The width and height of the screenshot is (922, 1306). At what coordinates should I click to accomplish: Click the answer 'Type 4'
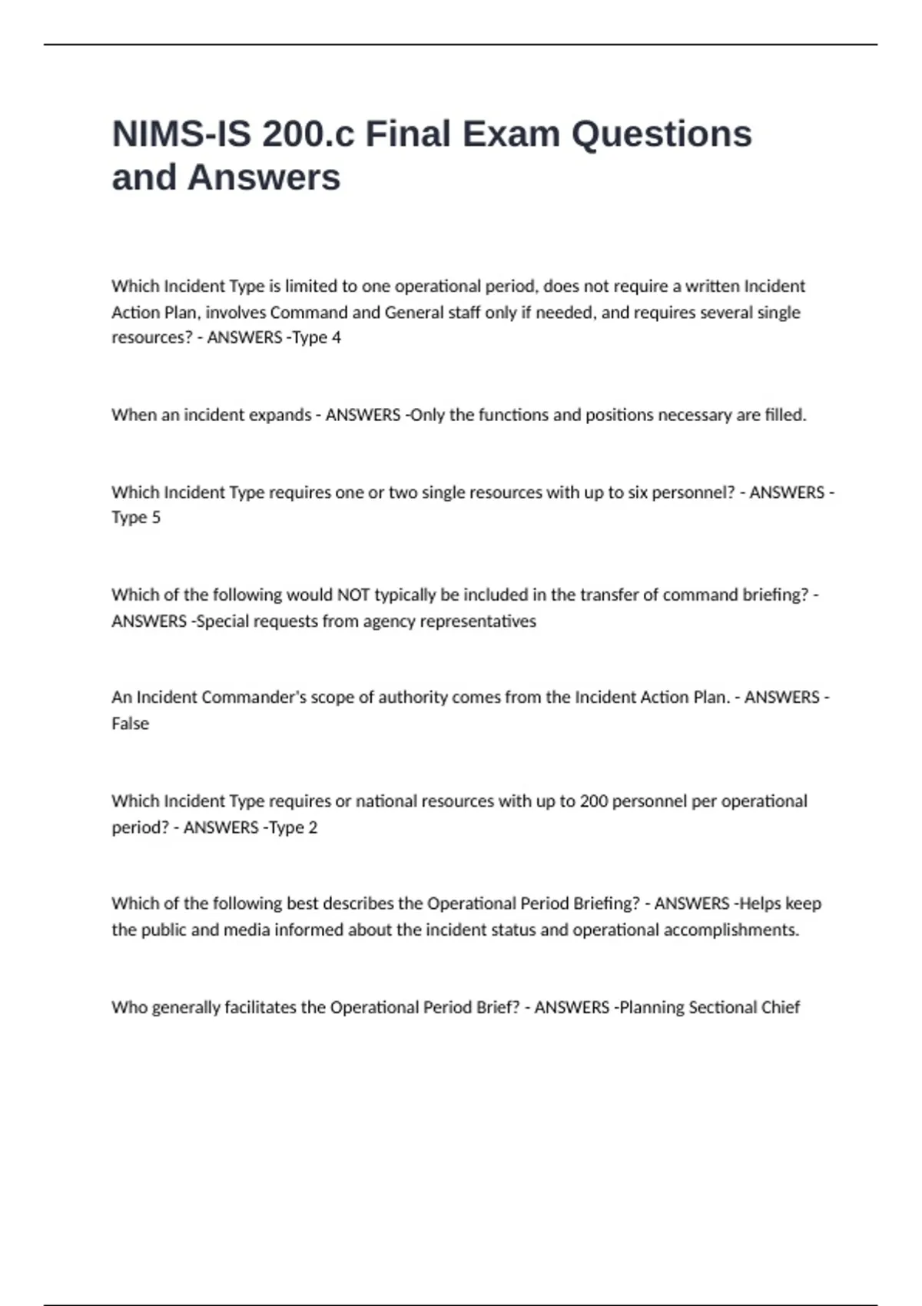point(316,337)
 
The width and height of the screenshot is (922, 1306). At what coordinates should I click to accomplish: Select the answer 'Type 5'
point(136,518)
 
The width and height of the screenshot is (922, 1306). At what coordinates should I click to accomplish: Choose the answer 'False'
point(131,724)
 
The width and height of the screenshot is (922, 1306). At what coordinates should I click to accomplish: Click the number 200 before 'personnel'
point(594,801)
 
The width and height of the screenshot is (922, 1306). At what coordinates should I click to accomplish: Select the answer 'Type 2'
point(292,827)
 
